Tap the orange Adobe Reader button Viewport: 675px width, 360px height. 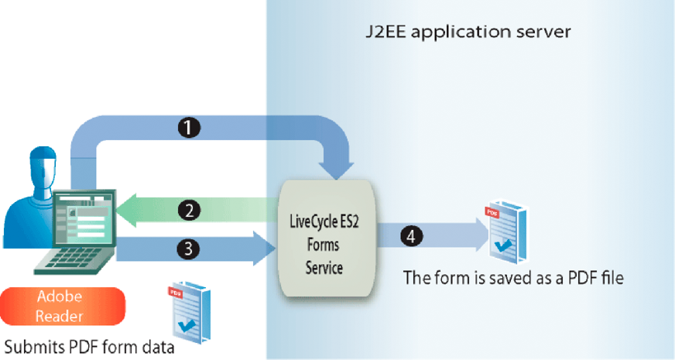pyautogui.click(x=64, y=306)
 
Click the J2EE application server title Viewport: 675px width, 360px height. pyautogui.click(x=468, y=33)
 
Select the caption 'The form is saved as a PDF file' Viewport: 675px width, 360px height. pyautogui.click(x=513, y=277)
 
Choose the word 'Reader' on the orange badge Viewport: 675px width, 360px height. pyautogui.click(x=64, y=315)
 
